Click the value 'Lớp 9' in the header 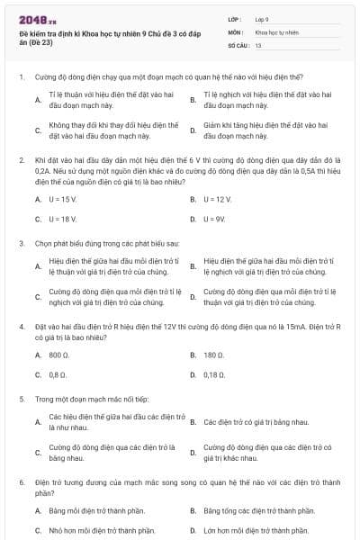point(263,18)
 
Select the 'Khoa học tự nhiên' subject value point(276,31)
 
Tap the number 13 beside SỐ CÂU point(258,44)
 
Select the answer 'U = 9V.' point(216,219)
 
